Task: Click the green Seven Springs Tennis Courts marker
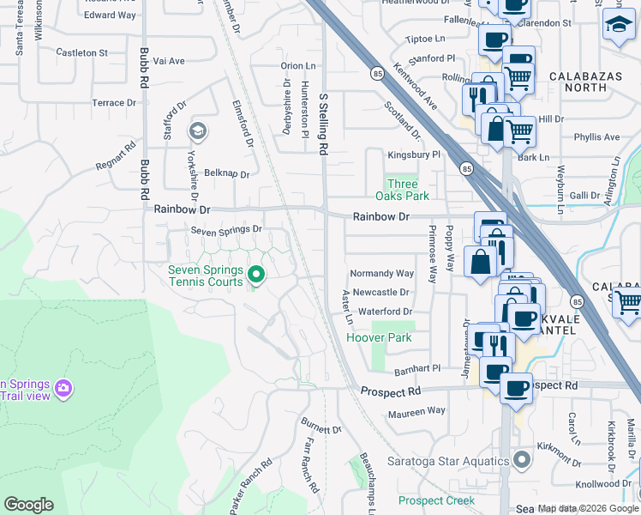pos(255,275)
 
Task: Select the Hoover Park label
pos(379,337)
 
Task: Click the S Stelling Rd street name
pos(323,124)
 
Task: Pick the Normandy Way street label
pos(381,274)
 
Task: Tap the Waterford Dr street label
pos(385,312)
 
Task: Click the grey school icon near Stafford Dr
pos(198,131)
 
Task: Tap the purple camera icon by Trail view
pos(63,390)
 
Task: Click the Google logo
pos(28,505)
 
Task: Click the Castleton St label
pos(81,52)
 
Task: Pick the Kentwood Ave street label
pos(416,89)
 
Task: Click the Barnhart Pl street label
pos(416,369)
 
